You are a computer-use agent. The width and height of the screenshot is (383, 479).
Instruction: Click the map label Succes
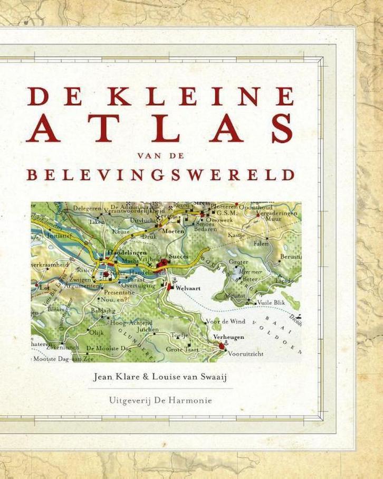pyautogui.click(x=178, y=256)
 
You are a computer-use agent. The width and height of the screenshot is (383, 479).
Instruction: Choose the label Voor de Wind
pyautogui.click(x=224, y=321)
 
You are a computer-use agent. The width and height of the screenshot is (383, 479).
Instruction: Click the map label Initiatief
pyautogui.click(x=44, y=238)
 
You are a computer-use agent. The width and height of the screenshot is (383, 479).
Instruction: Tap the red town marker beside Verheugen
pyautogui.click(x=221, y=345)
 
